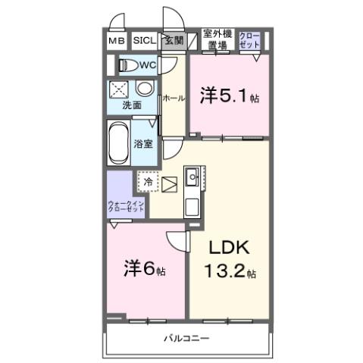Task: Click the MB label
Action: [116, 41]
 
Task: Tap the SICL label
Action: [144, 41]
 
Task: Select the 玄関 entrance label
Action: [174, 41]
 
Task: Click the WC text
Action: [147, 65]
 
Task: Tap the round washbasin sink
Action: [144, 87]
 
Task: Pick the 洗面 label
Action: [132, 105]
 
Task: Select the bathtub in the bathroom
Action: [119, 143]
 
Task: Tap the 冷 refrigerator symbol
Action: [149, 183]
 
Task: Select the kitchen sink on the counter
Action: [192, 179]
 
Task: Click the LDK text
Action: [224, 249]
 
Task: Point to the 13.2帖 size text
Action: [227, 272]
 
